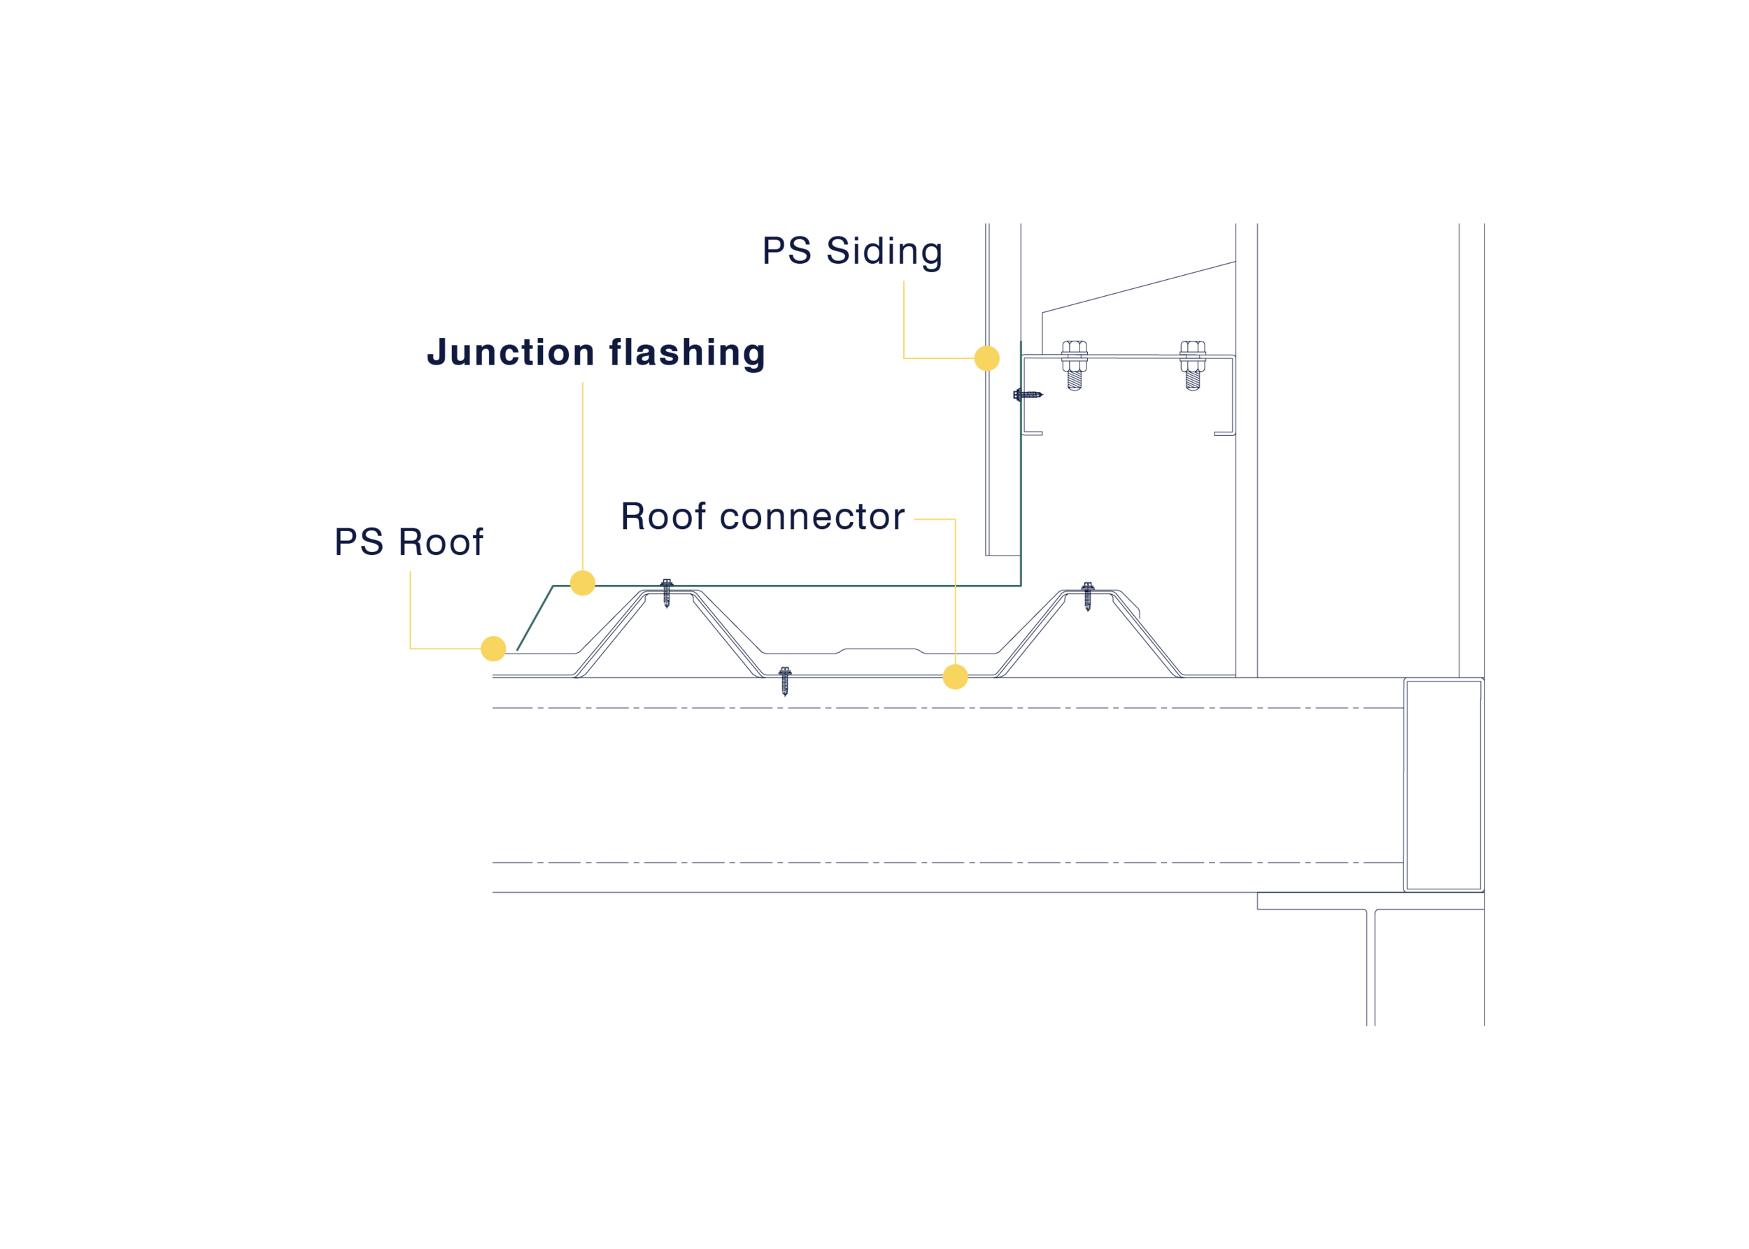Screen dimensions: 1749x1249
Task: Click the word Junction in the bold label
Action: tap(511, 353)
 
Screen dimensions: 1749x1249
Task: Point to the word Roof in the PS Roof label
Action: tap(441, 542)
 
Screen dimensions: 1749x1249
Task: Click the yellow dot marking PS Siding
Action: tap(986, 358)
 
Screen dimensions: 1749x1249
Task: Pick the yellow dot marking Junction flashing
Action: tap(583, 583)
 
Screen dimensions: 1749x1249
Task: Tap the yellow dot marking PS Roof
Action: tap(493, 649)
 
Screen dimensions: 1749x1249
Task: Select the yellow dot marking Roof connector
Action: tap(955, 677)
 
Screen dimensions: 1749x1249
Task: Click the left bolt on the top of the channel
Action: tap(1074, 365)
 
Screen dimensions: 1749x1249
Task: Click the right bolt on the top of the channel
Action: tap(1192, 365)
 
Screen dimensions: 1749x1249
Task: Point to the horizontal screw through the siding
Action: tap(1028, 395)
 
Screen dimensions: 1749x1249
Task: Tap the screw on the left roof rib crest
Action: tap(667, 593)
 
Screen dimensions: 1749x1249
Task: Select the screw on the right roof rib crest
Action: tap(1087, 596)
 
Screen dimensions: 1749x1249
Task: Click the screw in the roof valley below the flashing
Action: tap(784, 681)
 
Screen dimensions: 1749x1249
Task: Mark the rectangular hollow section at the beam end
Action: tap(1444, 784)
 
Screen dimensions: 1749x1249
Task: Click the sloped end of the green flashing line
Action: tap(535, 618)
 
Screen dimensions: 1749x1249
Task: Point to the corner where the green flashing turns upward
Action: tap(1021, 586)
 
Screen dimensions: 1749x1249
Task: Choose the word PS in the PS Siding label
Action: tap(786, 251)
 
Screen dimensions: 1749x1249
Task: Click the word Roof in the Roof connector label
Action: tap(663, 516)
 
